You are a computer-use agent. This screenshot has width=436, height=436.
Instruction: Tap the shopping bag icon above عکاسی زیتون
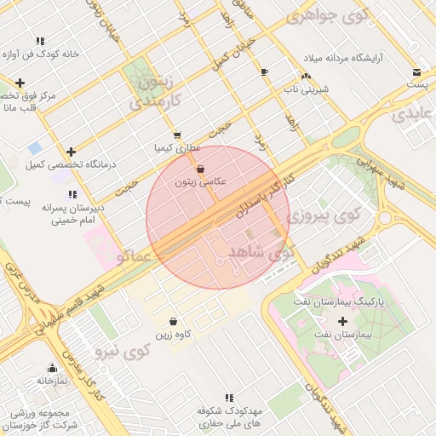[200, 169]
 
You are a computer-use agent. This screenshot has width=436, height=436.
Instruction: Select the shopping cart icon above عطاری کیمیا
[176, 135]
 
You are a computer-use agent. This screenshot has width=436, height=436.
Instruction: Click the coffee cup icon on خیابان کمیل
[264, 72]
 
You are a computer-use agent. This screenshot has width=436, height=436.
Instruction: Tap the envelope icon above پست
[416, 72]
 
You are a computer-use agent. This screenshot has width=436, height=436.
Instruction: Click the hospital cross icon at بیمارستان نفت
[343, 322]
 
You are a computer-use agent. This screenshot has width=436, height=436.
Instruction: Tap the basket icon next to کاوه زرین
[174, 322]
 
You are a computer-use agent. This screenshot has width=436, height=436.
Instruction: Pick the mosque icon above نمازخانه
[52, 369]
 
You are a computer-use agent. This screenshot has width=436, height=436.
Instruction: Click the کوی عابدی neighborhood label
[413, 113]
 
